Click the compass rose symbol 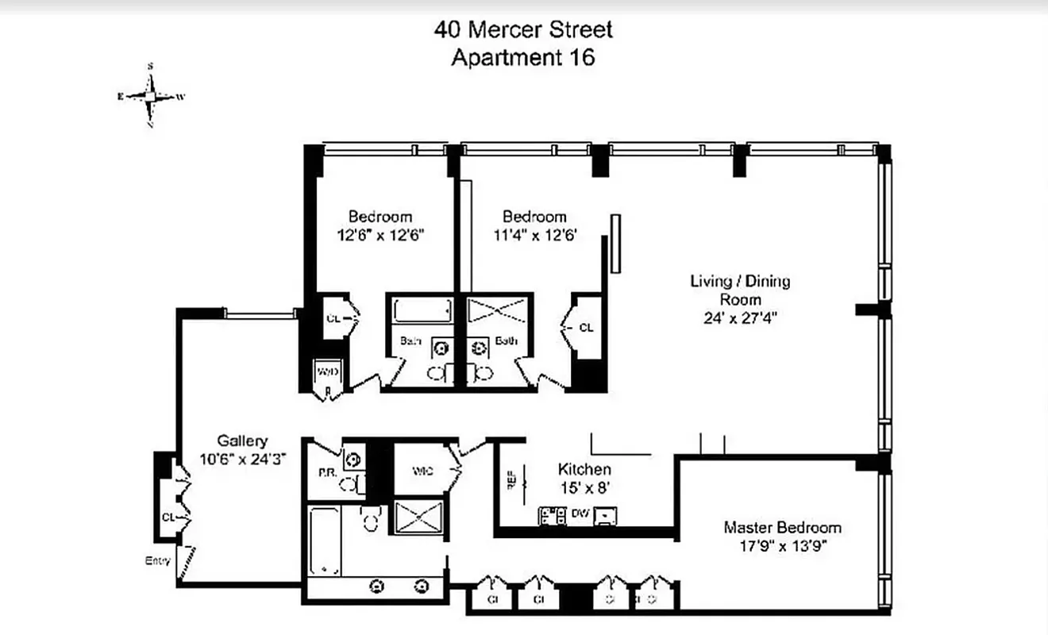click(151, 96)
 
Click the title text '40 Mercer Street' click(523, 30)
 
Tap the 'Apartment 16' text click(523, 58)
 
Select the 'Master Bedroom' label click(782, 528)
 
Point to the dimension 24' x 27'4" click(740, 317)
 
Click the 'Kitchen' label click(584, 469)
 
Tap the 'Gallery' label click(242, 441)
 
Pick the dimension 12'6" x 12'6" click(380, 235)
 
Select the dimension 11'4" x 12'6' click(534, 235)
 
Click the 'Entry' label click(157, 560)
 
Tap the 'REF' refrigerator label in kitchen click(510, 482)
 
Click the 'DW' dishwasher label click(580, 514)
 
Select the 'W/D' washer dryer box click(327, 371)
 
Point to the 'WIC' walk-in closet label click(422, 471)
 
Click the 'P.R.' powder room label click(325, 471)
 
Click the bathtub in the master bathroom click(324, 542)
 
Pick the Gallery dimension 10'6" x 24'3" click(242, 459)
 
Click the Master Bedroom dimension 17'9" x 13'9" click(782, 546)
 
